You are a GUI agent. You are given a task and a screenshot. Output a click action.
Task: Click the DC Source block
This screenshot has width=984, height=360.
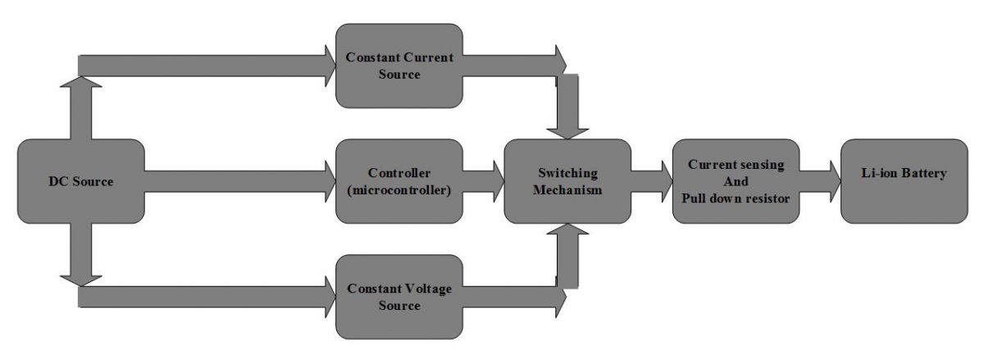80,181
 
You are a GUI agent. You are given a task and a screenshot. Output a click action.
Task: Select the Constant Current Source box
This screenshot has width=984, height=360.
399,65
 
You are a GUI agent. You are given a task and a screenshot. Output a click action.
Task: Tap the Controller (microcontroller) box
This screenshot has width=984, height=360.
399,181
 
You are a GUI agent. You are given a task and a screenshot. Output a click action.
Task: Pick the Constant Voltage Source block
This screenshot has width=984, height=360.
399,297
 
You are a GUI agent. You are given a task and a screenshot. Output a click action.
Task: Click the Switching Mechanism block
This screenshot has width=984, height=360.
567,181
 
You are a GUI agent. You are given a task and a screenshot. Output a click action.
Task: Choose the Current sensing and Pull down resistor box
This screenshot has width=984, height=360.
736,181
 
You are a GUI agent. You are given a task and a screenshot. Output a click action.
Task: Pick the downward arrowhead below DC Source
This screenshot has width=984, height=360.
80,279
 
